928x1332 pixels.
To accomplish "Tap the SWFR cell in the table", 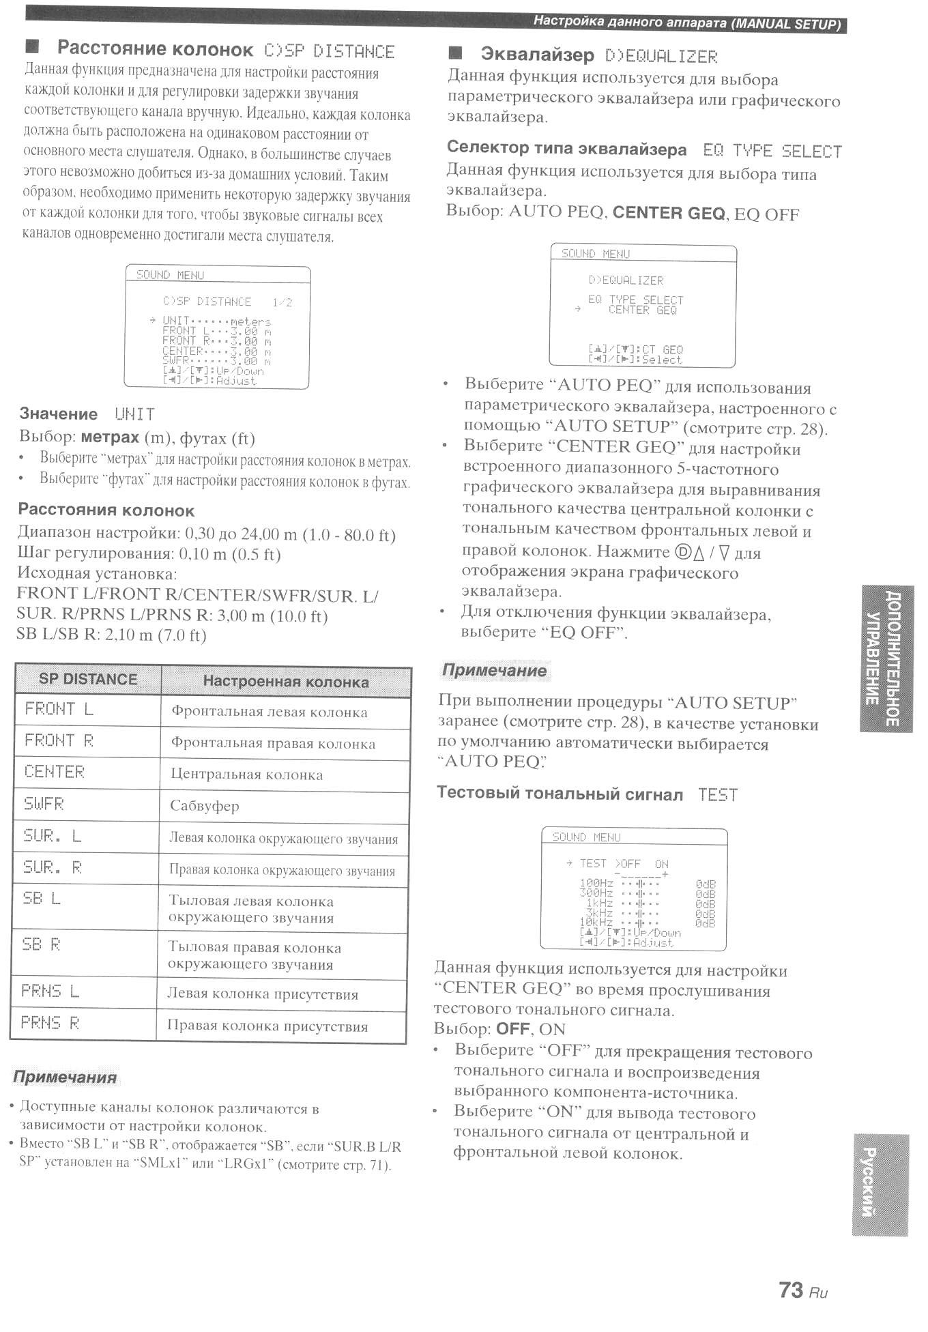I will [44, 804].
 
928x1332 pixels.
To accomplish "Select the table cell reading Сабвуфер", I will [205, 806].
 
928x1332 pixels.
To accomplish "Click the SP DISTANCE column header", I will [88, 680].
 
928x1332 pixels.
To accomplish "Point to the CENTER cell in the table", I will [55, 772].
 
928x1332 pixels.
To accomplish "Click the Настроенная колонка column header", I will [285, 682].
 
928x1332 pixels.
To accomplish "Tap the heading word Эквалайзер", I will [537, 55].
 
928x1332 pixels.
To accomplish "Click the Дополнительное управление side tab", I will [885, 659].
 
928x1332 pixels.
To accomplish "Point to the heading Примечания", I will [65, 1077].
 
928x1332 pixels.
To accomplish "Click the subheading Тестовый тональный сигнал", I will [560, 794].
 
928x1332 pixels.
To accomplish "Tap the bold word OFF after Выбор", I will [512, 1028].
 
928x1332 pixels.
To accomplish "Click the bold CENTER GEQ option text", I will [669, 214].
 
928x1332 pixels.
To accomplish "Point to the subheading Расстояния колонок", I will [106, 510].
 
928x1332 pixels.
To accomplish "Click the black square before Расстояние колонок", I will [31, 47].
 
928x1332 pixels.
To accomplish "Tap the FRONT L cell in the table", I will [59, 709].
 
